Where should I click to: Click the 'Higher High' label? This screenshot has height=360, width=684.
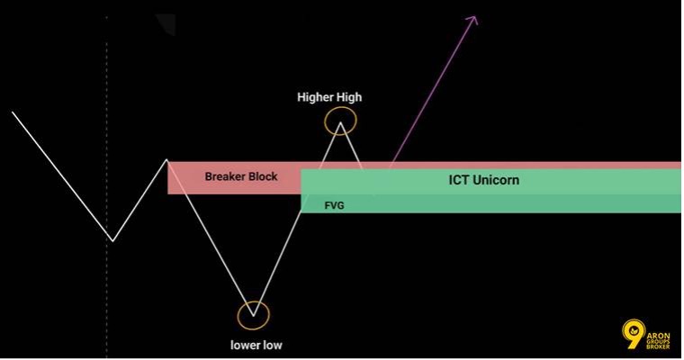point(329,97)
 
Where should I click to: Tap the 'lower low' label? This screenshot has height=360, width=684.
point(256,346)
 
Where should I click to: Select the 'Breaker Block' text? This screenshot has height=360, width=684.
point(241,176)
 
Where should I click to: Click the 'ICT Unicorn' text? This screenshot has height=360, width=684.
point(484,180)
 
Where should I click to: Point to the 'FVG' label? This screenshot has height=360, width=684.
point(334,205)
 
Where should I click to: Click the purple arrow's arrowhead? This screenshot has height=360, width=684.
point(473,20)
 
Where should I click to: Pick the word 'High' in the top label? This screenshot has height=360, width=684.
point(347,97)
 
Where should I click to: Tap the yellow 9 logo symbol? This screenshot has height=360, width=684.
point(634,334)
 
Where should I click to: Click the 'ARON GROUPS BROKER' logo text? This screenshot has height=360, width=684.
point(658,341)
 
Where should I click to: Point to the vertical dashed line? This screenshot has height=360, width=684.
point(107,187)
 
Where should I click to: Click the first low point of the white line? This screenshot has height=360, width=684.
point(113,240)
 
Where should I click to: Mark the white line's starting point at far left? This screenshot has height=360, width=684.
point(13,112)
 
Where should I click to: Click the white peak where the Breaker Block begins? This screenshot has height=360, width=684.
point(166,160)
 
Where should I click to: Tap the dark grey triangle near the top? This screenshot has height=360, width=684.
point(169,22)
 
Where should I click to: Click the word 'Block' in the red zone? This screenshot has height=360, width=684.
point(263,176)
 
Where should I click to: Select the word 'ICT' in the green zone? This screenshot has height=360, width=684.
point(458,180)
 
